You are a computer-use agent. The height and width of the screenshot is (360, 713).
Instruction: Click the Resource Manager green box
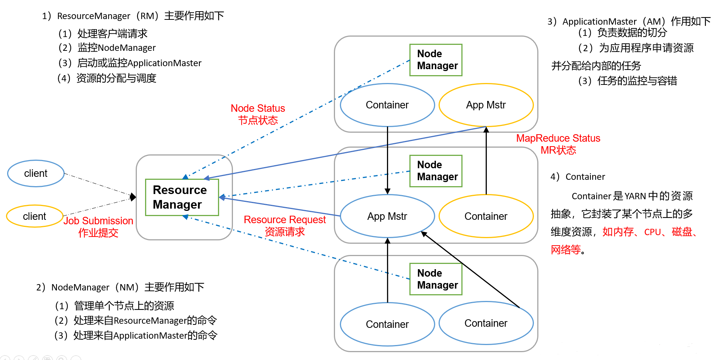coord(182,197)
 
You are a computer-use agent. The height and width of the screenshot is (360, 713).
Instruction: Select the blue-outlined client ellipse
coord(36,173)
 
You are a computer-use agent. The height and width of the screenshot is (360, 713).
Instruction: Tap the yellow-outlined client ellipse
coord(34,216)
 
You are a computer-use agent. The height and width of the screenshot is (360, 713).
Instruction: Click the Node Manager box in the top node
coord(436,60)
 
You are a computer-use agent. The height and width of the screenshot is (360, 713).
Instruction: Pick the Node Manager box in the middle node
coord(436,171)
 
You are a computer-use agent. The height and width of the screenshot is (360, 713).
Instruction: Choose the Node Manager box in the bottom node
coord(436,279)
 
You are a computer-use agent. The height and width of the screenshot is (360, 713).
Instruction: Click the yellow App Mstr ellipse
coord(486,105)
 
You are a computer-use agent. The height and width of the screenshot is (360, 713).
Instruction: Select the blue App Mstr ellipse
coord(387,216)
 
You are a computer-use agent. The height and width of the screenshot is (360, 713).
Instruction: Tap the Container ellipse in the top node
coord(387,105)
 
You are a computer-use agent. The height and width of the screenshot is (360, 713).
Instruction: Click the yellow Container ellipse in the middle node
coord(486,216)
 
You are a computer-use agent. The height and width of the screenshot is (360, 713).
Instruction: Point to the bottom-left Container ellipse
coord(387,324)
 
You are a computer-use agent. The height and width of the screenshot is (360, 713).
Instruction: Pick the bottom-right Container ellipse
coord(486,323)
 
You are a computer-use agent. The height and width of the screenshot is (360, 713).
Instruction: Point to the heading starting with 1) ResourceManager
coord(133,16)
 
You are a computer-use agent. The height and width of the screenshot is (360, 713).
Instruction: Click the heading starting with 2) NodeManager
coord(120,287)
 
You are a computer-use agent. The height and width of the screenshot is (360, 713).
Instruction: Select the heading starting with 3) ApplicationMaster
coord(629,21)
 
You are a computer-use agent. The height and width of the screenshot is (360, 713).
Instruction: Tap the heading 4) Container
coord(578,176)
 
